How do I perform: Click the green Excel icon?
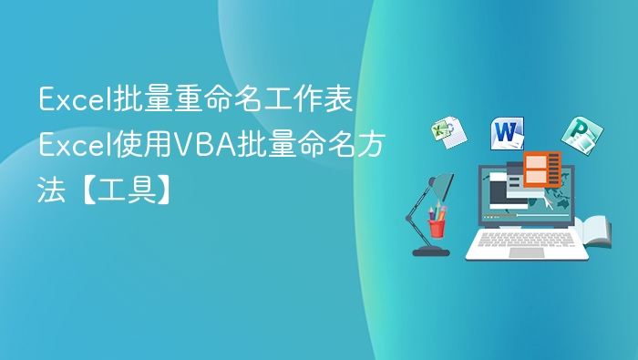[448, 131]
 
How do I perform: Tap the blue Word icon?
[508, 134]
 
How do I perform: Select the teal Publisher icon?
[576, 134]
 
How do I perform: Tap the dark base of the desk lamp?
[430, 251]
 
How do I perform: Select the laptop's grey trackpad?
[526, 252]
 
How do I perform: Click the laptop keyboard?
[527, 239]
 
